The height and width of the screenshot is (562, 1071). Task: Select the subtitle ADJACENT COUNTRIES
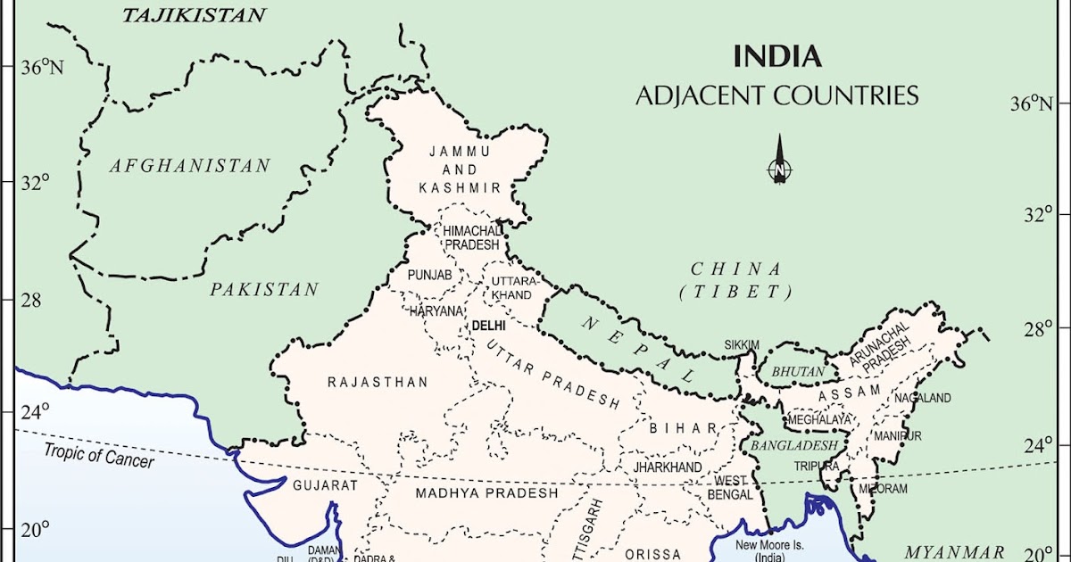[776, 95]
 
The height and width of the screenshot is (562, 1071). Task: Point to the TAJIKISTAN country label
[194, 15]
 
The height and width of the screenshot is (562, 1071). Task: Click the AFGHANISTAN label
[189, 166]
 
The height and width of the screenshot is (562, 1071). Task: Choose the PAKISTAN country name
[264, 289]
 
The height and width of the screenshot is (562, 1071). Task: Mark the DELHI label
[488, 326]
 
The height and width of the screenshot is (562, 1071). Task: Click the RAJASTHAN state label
[378, 382]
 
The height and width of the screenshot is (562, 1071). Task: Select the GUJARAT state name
[325, 486]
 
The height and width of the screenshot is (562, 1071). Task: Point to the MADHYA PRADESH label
[486, 492]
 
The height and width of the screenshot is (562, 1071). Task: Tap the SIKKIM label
[742, 344]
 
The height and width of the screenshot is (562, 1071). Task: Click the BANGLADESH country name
[793, 444]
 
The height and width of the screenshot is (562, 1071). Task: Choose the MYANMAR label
[954, 550]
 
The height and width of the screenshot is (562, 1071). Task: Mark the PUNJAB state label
[430, 276]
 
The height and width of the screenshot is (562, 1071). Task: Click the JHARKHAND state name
[667, 467]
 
